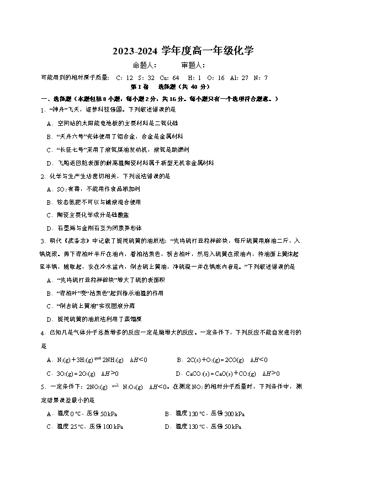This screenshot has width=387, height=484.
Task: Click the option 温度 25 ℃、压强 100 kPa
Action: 88,427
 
